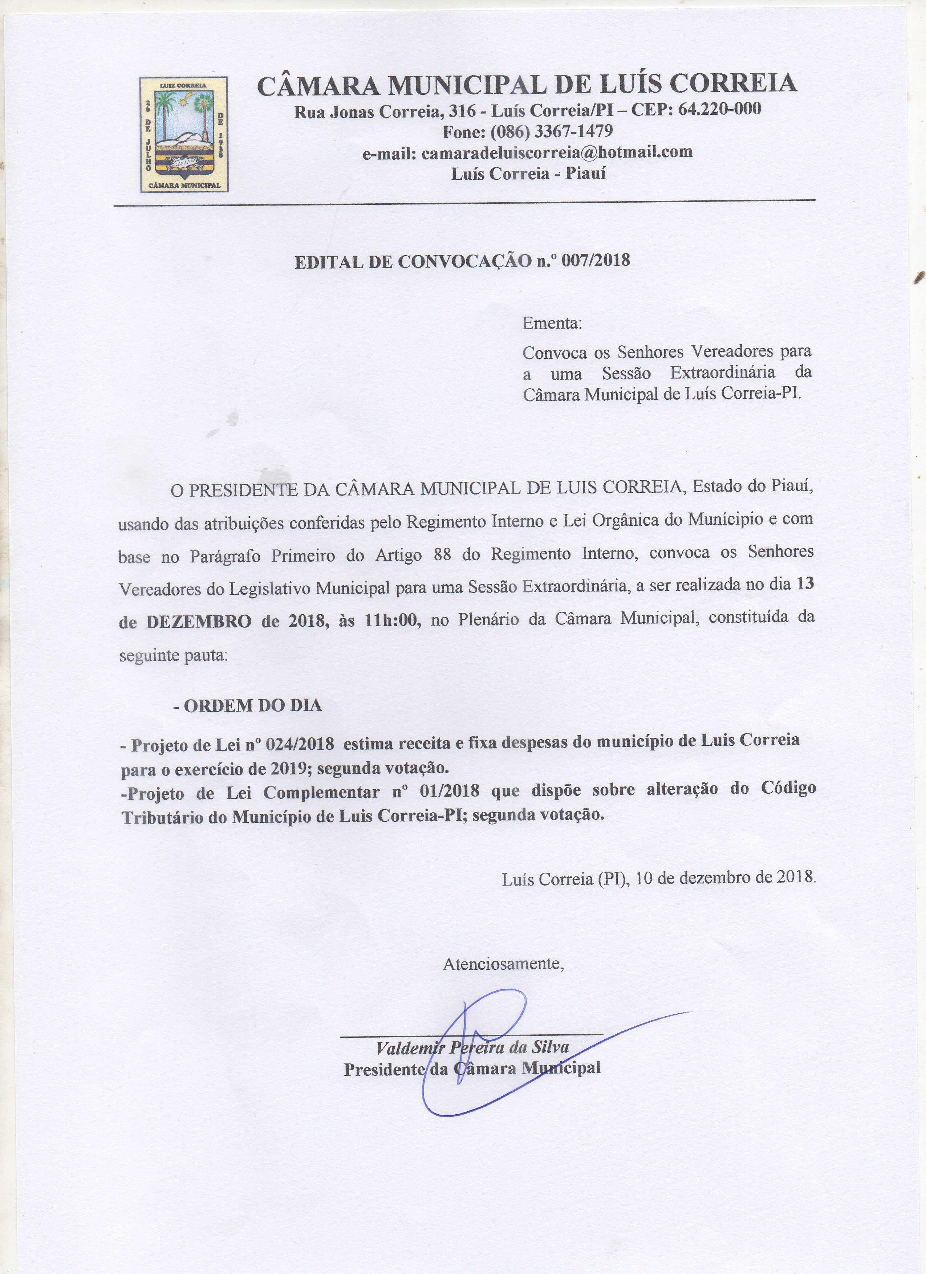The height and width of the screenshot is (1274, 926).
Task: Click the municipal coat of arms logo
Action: (x=184, y=135)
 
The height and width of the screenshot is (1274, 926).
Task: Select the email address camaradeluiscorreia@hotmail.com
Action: (x=557, y=152)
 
